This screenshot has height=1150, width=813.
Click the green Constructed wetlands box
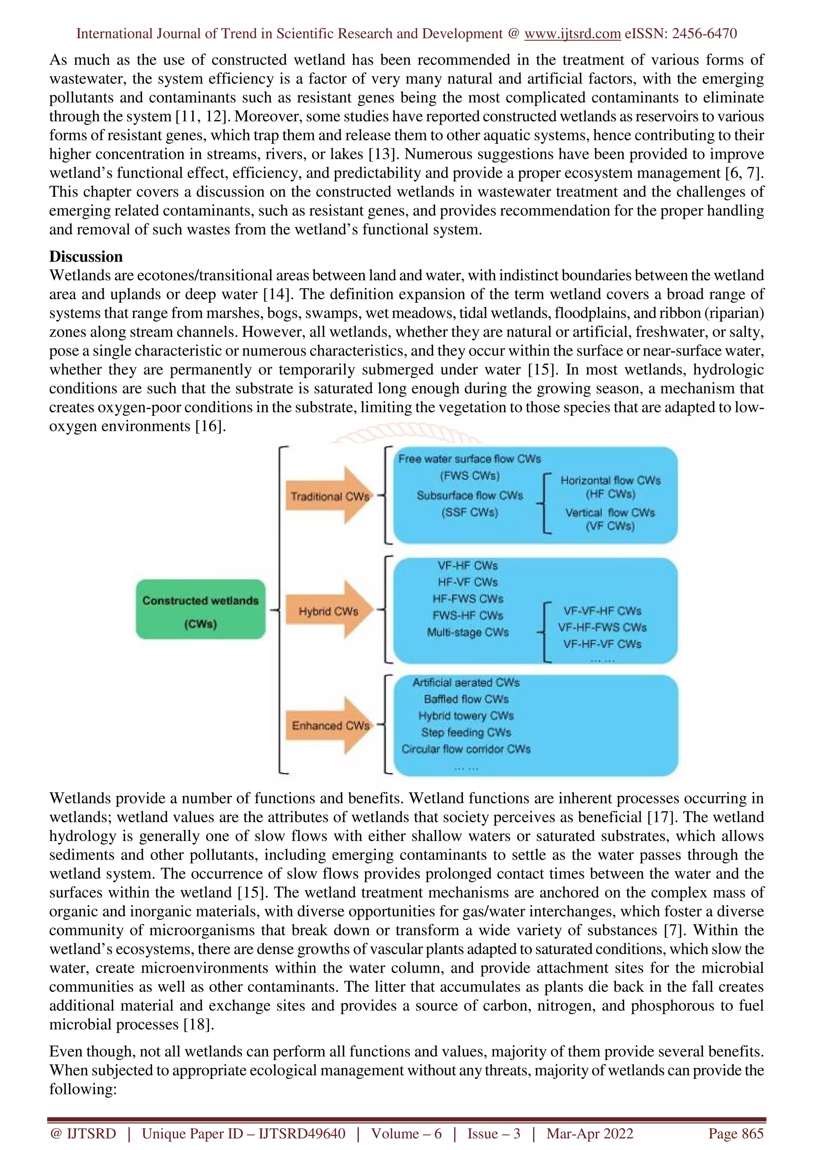pyautogui.click(x=200, y=609)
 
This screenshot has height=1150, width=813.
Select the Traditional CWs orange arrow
pyautogui.click(x=329, y=496)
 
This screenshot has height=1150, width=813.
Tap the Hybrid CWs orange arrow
pyautogui.click(x=329, y=611)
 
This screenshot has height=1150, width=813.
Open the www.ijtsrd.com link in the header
pyautogui.click(x=572, y=34)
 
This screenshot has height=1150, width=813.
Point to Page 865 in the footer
pyautogui.click(x=735, y=1133)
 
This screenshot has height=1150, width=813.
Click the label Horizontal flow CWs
pyautogui.click(x=610, y=480)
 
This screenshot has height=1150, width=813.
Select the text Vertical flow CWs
pyautogui.click(x=610, y=512)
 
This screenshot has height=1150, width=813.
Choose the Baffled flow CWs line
pyautogui.click(x=466, y=699)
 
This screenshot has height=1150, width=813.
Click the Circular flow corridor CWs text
pyautogui.click(x=466, y=749)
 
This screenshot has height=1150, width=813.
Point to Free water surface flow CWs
pyautogui.click(x=469, y=459)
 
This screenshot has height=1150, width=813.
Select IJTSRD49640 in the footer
pyautogui.click(x=302, y=1133)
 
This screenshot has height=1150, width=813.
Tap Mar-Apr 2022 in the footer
pyautogui.click(x=590, y=1133)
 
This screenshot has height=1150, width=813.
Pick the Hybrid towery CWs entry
pyautogui.click(x=466, y=716)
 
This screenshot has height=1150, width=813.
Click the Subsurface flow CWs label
pyautogui.click(x=469, y=495)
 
